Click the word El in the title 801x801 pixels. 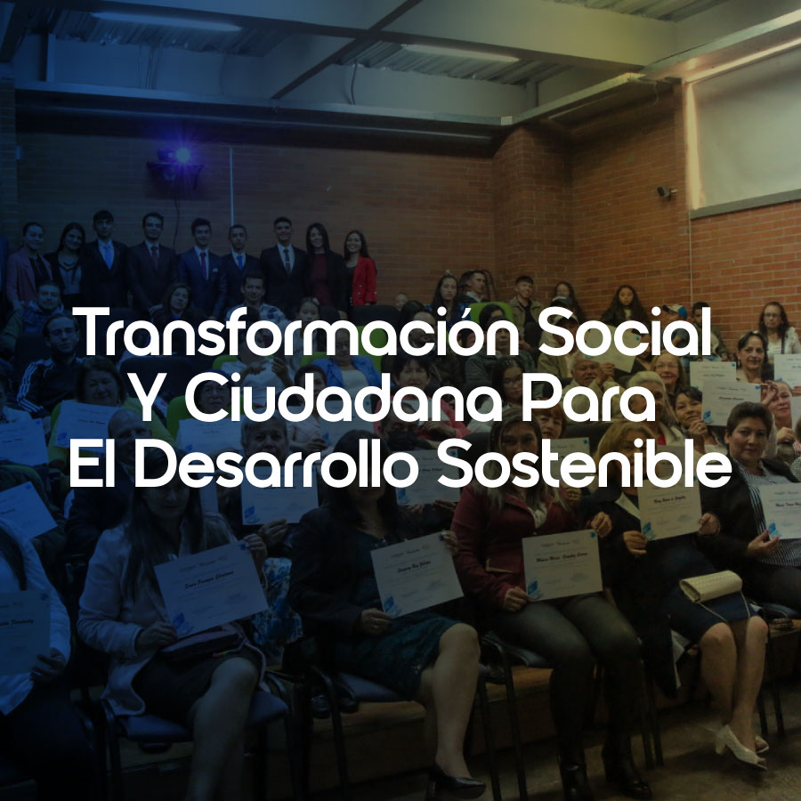[x=94, y=466]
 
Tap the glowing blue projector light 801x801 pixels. [x=182, y=155]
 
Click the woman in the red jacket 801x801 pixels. [x=360, y=271]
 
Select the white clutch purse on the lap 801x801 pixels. [x=710, y=586]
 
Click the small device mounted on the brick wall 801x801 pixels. [x=664, y=191]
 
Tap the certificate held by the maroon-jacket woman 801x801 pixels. [x=561, y=564]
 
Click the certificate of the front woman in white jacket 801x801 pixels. [x=210, y=587]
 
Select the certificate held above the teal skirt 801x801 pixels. [x=416, y=575]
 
